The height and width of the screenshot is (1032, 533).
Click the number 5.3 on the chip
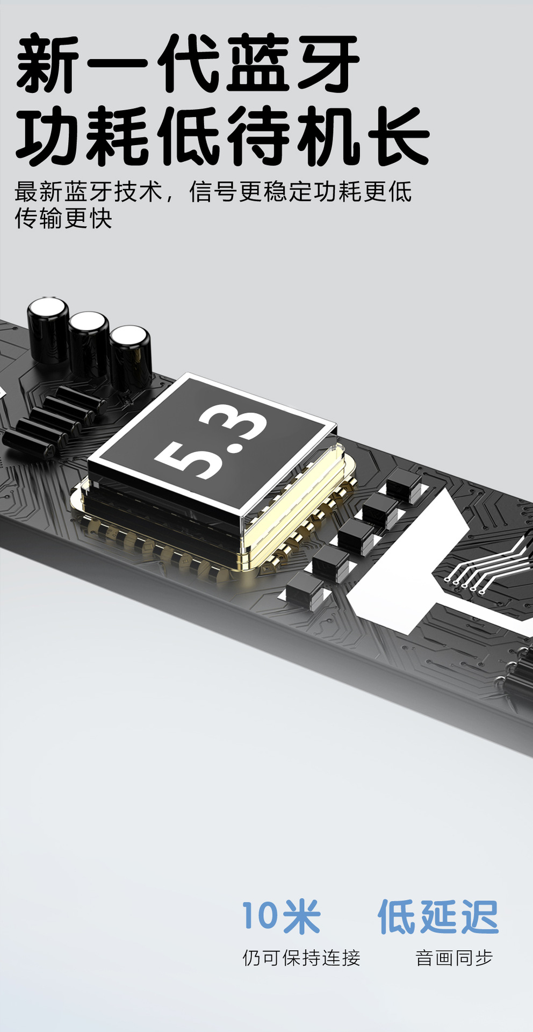point(211,442)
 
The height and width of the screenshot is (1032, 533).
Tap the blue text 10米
point(281,916)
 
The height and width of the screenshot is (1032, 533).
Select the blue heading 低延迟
point(438,916)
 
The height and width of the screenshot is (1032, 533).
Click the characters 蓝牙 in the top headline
point(292,63)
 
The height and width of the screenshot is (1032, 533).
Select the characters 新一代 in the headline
point(118,63)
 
